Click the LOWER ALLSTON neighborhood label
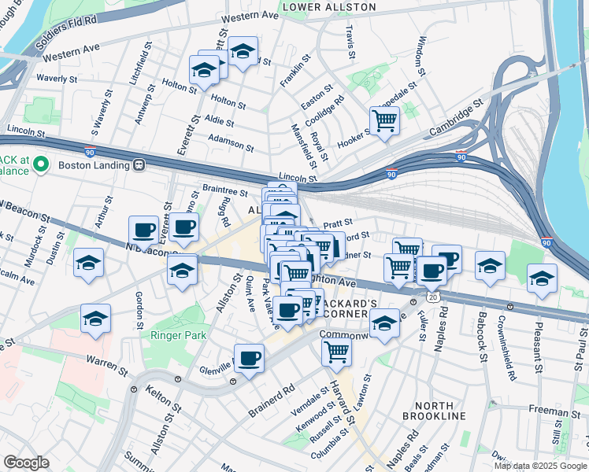click(328, 7)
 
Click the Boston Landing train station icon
click(139, 165)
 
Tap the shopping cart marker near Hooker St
click(384, 122)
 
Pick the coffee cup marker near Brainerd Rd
click(250, 360)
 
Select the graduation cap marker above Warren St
click(95, 319)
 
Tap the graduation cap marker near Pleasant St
click(542, 279)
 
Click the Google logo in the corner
click(26, 463)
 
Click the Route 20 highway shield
click(433, 297)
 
